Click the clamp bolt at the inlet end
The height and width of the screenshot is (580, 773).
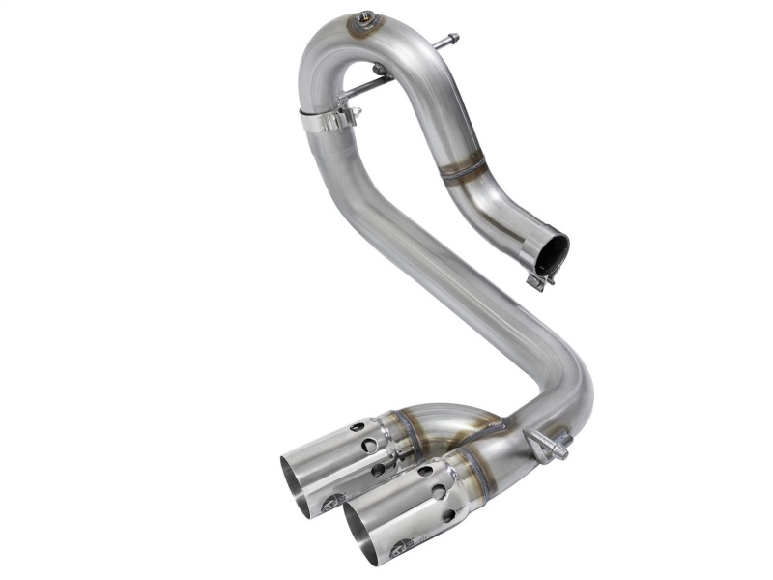point(535,281)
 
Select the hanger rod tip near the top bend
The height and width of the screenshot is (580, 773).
point(451,40)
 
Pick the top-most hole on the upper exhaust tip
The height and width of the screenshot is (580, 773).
point(357,426)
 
